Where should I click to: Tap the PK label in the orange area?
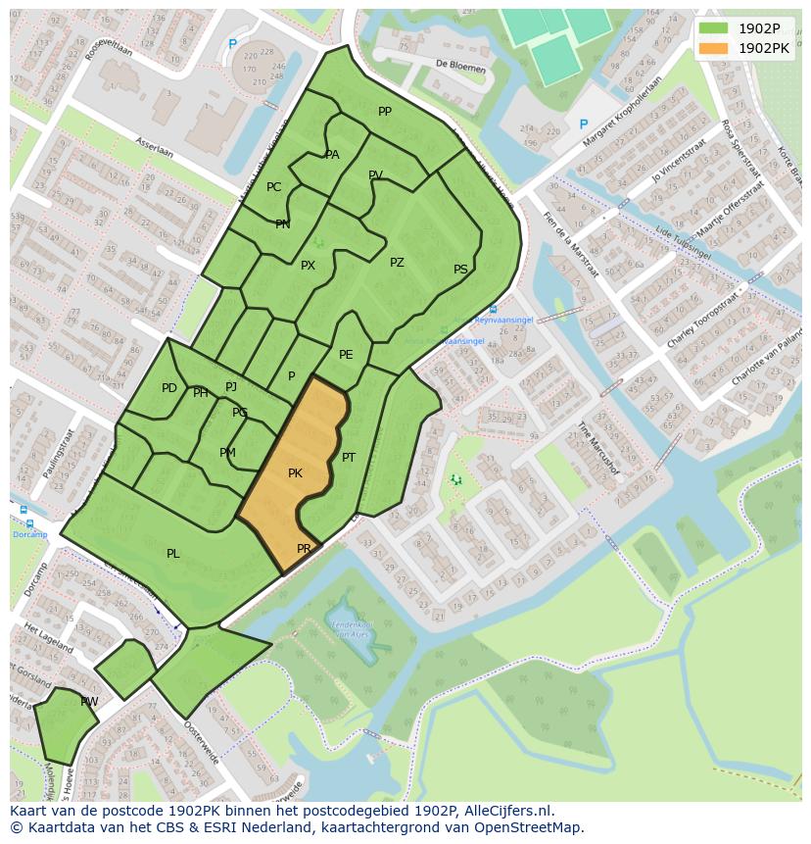point(295,473)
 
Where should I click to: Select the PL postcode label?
point(173,554)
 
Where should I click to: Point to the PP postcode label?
point(385,112)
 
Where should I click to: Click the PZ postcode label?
point(397,263)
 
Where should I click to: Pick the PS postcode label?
point(460,270)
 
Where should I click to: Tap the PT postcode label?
point(349,458)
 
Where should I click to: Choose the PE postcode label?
point(346,355)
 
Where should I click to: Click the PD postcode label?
point(169,388)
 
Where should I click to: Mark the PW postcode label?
point(89,702)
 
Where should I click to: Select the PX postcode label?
point(308,266)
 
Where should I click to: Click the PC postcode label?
point(273,187)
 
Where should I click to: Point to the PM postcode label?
point(227,453)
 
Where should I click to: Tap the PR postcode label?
point(304,549)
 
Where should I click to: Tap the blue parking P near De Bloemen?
point(584,124)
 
